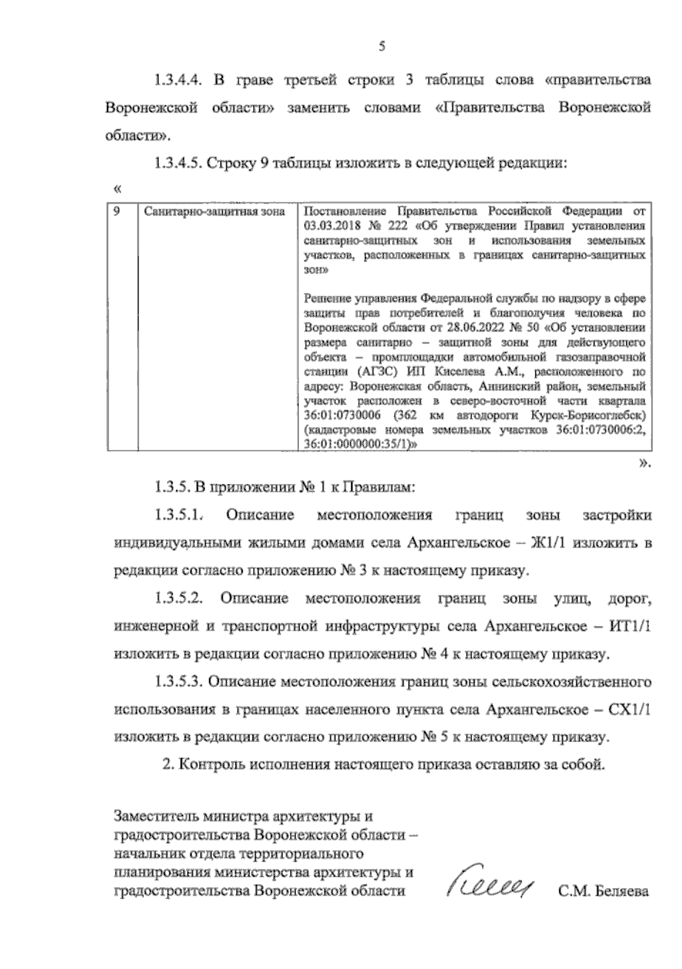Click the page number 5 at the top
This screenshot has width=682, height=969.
[382, 47]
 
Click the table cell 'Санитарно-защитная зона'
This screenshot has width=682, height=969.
[214, 212]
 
